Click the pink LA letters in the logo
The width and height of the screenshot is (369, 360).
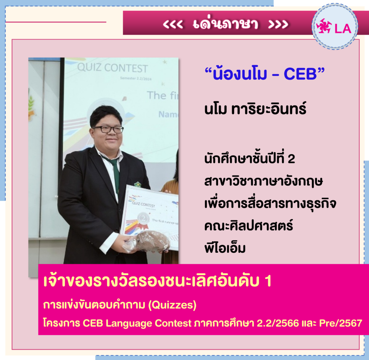(343, 29)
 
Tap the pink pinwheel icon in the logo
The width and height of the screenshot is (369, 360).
(324, 26)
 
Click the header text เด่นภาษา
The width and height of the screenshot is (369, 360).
(226, 23)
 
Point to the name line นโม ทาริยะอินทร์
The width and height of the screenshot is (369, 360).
(255, 109)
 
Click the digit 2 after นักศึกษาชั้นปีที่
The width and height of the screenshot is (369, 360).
(291, 159)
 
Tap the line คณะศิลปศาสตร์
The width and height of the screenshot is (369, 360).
(249, 225)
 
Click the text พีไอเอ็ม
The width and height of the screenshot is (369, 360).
(225, 247)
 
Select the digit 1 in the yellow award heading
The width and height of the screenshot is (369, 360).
(268, 281)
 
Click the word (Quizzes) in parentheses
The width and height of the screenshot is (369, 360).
(172, 305)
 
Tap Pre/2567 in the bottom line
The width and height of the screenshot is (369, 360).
(341, 323)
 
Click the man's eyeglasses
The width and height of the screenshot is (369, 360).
(108, 129)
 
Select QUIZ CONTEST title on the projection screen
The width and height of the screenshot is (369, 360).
(112, 68)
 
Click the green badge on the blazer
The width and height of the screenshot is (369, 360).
(137, 184)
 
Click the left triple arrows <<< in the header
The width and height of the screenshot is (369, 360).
(173, 24)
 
